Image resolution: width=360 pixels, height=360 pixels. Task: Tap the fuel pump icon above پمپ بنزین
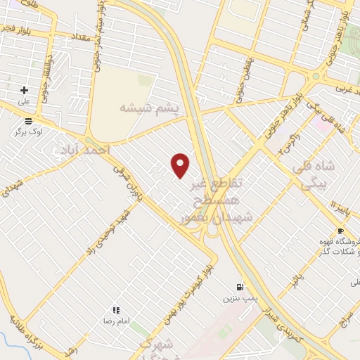coord(241,287)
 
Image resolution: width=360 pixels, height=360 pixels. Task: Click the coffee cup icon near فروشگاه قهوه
coord(340,231)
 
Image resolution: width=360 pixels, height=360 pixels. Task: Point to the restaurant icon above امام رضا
coord(116,309)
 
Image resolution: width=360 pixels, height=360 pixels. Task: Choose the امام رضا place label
coord(117,321)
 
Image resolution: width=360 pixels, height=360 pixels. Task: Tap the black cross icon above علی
coord(25,90)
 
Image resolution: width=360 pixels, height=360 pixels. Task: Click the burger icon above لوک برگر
coord(27,120)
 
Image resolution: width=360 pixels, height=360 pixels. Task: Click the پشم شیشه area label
coord(149,108)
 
